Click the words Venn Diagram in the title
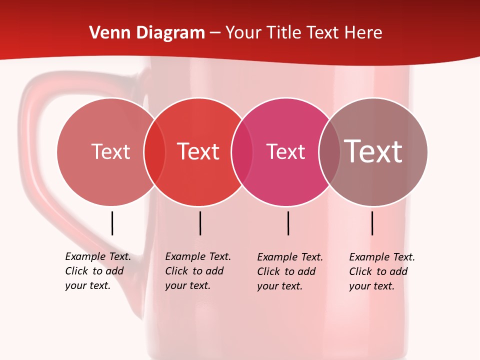147,33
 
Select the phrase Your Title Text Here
303,33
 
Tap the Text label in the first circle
110,151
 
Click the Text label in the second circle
198,151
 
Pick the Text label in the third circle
285,151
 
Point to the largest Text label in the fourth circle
373,151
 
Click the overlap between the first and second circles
154,152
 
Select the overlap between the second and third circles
242,152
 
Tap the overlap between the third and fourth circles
329,152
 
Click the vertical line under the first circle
112,223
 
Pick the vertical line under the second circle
200,223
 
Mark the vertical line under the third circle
288,223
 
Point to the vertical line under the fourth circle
372,223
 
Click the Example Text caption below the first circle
98,271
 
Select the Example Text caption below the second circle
198,271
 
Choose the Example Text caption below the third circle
290,271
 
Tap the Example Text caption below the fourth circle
382,271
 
